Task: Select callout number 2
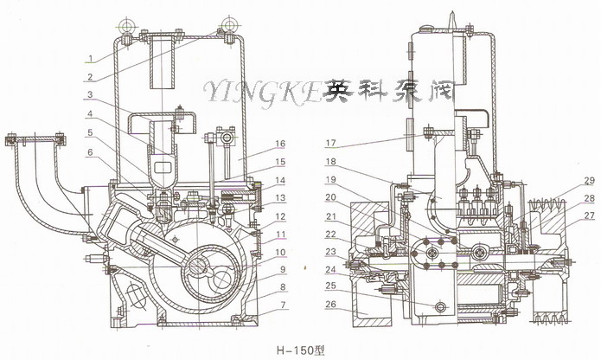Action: pyautogui.click(x=90, y=75)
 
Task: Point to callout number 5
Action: pyautogui.click(x=90, y=133)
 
